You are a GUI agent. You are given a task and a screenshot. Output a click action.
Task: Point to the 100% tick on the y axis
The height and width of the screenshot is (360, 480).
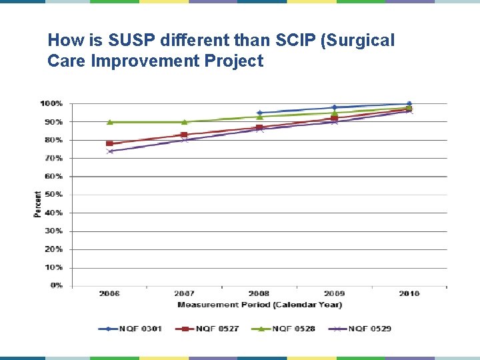(x=51, y=103)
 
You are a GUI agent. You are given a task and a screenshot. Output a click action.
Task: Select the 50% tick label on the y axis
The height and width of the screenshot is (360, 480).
(x=53, y=195)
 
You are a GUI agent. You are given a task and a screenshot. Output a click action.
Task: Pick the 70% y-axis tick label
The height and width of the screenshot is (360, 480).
(x=53, y=158)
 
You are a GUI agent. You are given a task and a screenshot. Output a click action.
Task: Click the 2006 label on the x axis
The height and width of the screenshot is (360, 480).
(x=109, y=293)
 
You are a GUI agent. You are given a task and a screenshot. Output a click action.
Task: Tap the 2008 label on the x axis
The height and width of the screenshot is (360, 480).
(x=259, y=293)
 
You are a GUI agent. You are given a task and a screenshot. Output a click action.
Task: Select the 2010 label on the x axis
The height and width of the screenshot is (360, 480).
(x=409, y=293)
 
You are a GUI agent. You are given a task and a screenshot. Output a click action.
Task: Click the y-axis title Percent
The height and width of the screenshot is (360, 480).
(x=37, y=204)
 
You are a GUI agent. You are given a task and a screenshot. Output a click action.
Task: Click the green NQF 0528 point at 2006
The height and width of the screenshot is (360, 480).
(x=110, y=122)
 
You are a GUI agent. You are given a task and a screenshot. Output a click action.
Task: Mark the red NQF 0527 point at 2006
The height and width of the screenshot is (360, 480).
(x=109, y=143)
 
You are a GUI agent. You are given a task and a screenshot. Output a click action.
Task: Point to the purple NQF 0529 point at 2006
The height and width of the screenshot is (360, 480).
(x=110, y=151)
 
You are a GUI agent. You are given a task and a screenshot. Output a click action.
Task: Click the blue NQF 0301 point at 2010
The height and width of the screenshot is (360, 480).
(x=409, y=104)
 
